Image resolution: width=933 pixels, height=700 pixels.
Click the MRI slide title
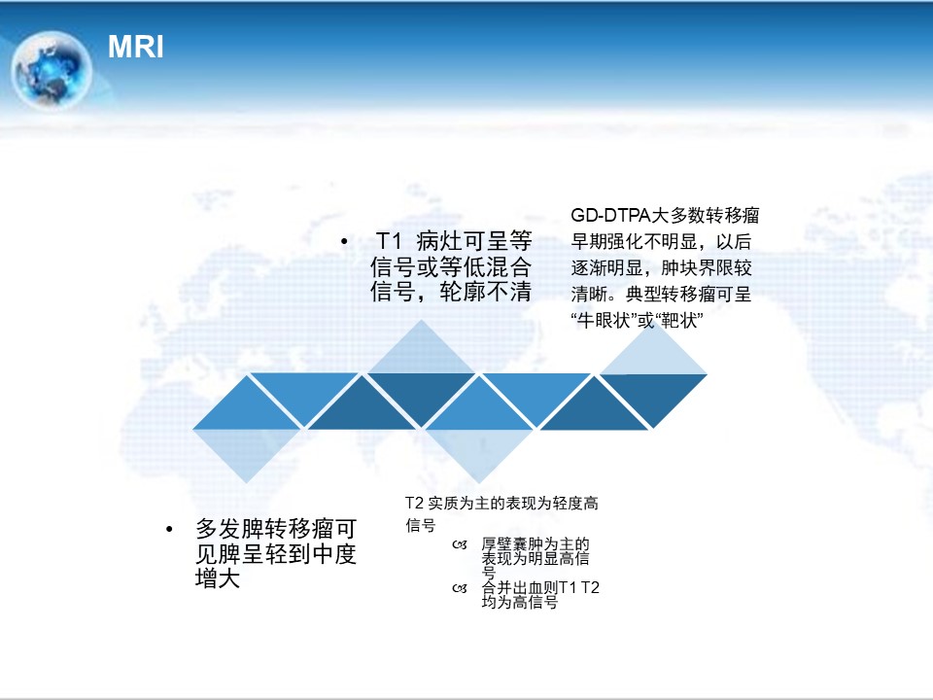[x=136, y=47]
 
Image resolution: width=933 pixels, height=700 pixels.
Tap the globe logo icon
[x=52, y=70]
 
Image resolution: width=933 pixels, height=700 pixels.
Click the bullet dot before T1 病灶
[x=344, y=241]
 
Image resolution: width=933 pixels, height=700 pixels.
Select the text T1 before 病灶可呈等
[x=389, y=241]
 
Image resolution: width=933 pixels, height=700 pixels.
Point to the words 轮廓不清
[x=485, y=292]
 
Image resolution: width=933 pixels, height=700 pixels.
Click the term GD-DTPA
[x=610, y=215]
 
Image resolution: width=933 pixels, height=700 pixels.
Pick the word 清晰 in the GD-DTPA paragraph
[x=589, y=294]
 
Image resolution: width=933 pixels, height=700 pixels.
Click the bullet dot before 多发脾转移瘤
[x=169, y=529]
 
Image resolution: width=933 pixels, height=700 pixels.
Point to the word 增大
[x=218, y=578]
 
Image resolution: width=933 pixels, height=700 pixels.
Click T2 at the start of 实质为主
[x=414, y=503]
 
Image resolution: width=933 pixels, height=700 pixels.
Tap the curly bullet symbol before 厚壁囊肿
[x=460, y=544]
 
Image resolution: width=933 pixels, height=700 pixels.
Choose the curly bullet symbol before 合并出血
[x=460, y=588]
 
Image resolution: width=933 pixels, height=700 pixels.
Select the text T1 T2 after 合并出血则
[x=579, y=587]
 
